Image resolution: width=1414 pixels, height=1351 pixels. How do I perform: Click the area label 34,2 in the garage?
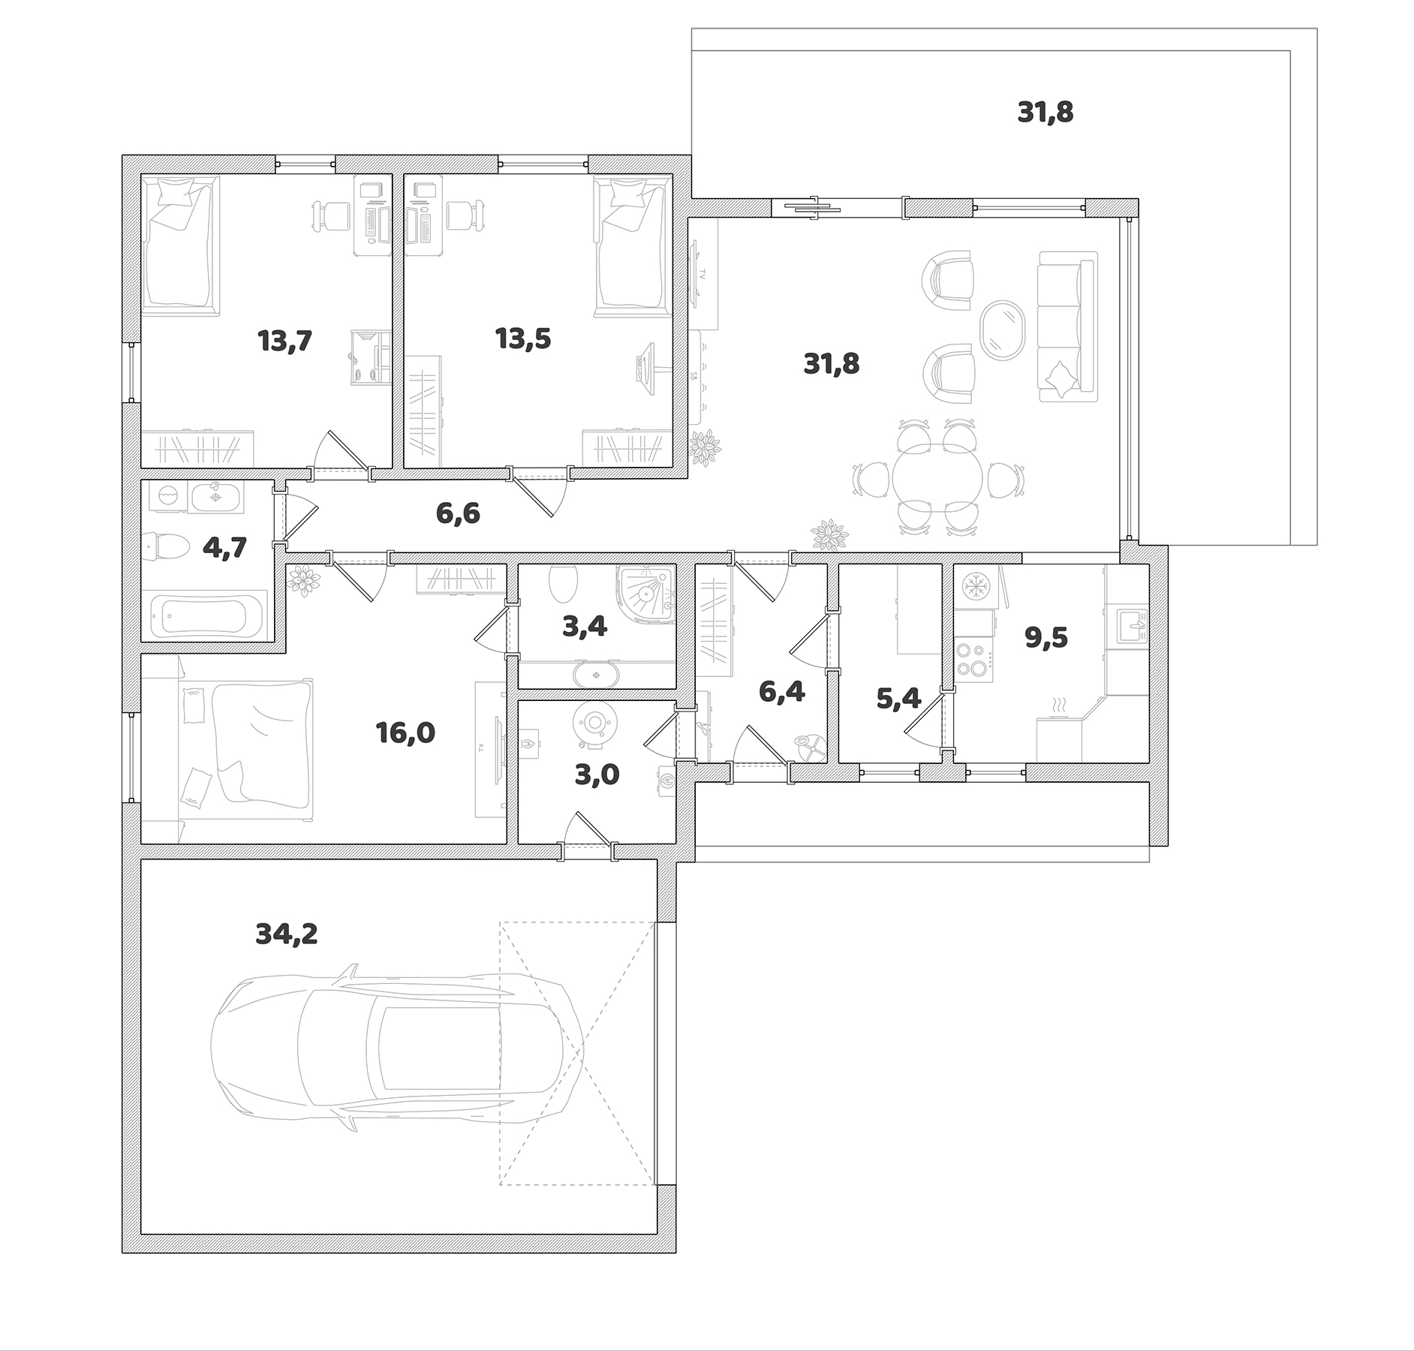point(287,934)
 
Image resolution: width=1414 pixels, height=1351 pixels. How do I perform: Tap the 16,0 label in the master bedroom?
point(405,733)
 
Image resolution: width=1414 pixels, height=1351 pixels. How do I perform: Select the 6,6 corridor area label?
point(458,513)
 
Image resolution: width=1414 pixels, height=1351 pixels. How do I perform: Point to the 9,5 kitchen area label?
point(1046,638)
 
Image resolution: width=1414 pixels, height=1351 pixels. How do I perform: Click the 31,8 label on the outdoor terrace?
point(1045,113)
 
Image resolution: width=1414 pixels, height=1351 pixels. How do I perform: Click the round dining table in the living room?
point(937,480)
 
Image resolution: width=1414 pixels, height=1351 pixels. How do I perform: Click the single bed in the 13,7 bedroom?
point(181,245)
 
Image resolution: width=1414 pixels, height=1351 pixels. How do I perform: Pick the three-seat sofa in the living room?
point(1067,326)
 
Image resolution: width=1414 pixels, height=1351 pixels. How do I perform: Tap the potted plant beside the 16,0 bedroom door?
point(303,580)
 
